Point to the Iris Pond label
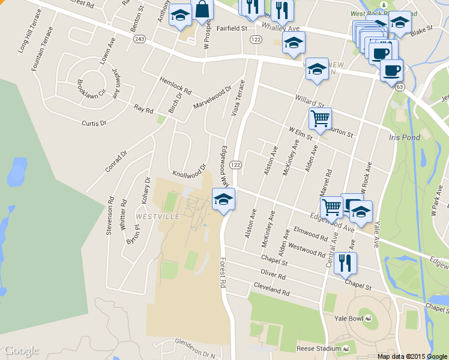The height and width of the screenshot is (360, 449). point(402,137)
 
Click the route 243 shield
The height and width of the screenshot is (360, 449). point(140,39)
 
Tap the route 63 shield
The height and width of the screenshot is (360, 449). point(400,88)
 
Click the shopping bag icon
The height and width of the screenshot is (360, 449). point(203,10)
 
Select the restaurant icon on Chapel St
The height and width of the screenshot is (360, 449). point(345,263)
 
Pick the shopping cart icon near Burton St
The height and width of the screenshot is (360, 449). point(320,118)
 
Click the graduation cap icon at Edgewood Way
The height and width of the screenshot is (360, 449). point(223,199)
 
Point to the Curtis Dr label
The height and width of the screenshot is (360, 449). point(94,123)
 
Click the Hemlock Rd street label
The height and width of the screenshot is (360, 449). point(175,86)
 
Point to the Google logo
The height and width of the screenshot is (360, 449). point(21,350)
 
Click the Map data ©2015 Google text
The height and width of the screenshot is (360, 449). point(412,356)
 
